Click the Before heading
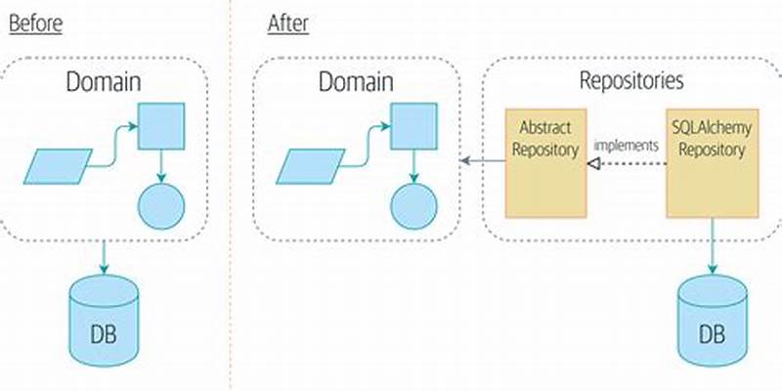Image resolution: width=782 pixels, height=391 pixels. pyautogui.click(x=35, y=23)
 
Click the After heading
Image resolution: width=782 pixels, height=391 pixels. pyautogui.click(x=288, y=23)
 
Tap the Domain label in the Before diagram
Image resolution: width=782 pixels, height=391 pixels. pyautogui.click(x=103, y=82)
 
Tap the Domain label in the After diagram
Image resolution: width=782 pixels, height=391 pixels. pyautogui.click(x=356, y=82)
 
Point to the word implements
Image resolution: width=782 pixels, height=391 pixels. pyautogui.click(x=626, y=145)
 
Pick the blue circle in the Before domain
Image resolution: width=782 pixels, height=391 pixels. pyautogui.click(x=159, y=204)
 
